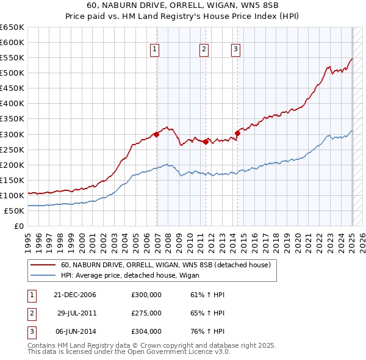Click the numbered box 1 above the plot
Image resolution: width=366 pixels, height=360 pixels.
[155, 50]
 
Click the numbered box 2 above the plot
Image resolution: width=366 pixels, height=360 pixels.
[204, 50]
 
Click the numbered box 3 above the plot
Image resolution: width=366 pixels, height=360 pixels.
[235, 50]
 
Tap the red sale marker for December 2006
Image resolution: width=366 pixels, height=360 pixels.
[157, 134]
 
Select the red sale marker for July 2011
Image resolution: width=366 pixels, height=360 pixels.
[206, 142]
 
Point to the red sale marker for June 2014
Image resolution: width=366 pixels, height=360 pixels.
[237, 133]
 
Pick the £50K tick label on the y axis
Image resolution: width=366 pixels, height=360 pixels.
[15, 211]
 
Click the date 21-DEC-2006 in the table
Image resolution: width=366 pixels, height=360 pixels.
[75, 295]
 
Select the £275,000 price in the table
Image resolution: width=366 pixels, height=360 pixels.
[146, 313]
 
